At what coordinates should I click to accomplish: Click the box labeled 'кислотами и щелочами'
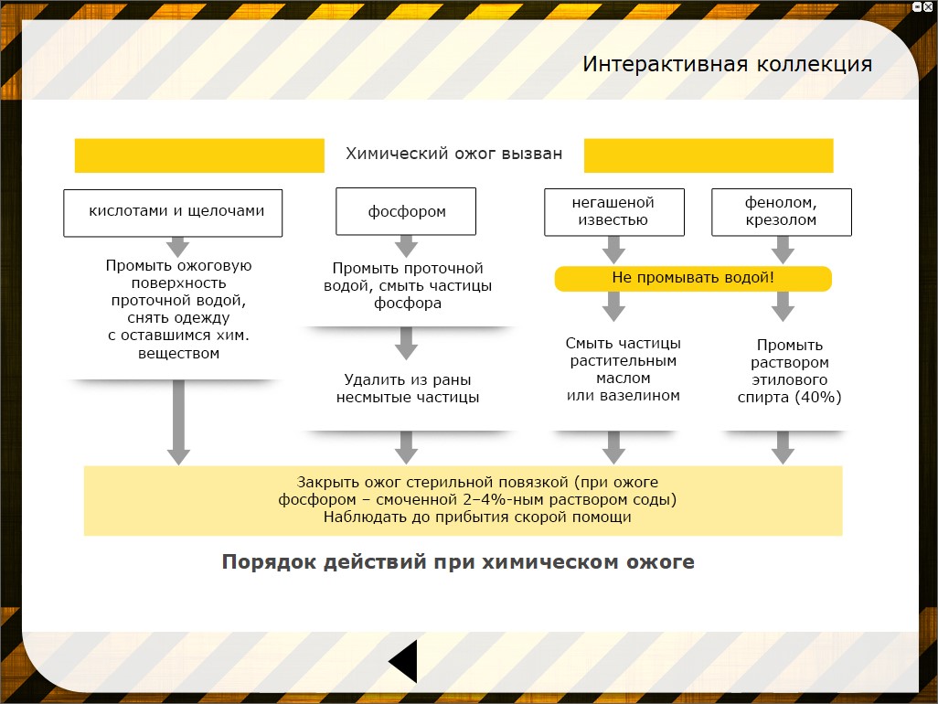coord(173,212)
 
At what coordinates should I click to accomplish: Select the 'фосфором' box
coord(406,212)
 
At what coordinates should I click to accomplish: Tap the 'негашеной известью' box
coord(613,211)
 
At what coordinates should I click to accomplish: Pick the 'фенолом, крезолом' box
coord(781,211)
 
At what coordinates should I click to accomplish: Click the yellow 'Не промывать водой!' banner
coord(693,278)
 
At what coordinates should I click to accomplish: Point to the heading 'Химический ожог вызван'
coord(453,155)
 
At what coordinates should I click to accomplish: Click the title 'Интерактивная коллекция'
coord(727,65)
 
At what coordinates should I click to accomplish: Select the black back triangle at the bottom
coord(403,661)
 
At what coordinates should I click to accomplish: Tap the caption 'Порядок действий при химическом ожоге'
coord(458,561)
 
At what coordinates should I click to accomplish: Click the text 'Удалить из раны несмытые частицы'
coord(407,389)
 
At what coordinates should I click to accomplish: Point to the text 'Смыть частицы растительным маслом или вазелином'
coord(624,369)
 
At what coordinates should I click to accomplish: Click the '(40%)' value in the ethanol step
coord(817,398)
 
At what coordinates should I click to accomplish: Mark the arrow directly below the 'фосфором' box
coord(407,246)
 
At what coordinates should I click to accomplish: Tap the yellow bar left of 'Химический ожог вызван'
coord(199,155)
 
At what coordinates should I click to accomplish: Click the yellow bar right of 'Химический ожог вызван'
coord(709,155)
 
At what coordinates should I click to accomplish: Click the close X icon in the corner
coord(928,6)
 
